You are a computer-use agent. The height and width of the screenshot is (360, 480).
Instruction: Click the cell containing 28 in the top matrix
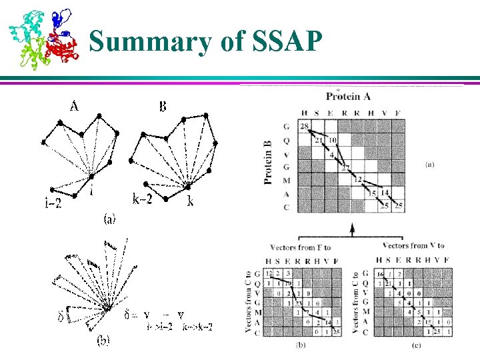click(305, 127)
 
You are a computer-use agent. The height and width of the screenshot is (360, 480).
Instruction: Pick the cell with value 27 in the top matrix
click(345, 167)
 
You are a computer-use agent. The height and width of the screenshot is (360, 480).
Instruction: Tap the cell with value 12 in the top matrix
click(358, 180)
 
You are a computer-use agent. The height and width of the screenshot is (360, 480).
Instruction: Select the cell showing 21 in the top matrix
click(319, 141)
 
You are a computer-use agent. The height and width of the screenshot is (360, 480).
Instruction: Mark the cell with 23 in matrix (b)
click(301, 303)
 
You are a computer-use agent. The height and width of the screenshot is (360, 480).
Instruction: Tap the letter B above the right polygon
click(162, 105)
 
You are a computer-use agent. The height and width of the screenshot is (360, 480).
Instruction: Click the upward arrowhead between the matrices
click(351, 229)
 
